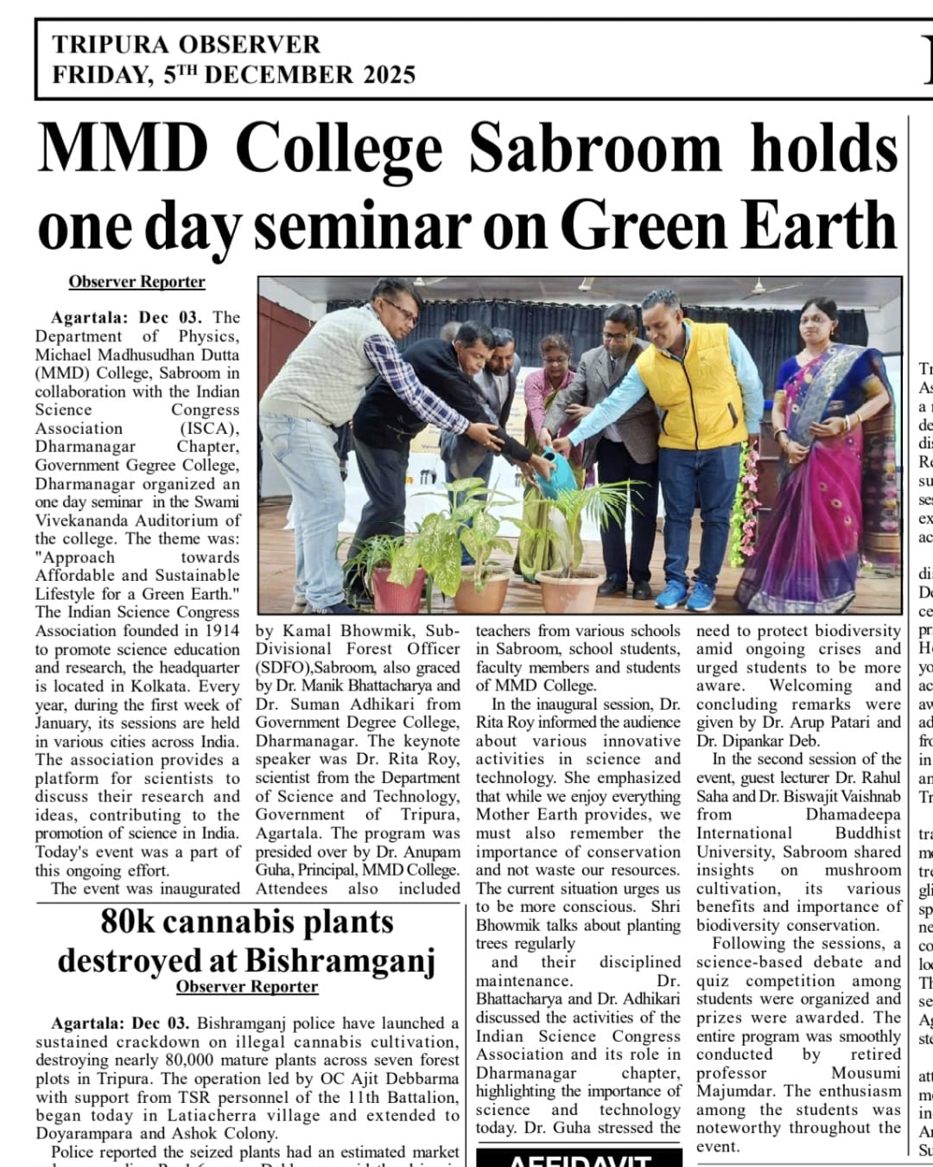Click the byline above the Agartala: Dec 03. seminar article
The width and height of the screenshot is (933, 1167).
coord(136,282)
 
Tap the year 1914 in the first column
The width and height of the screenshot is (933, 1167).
coord(221,630)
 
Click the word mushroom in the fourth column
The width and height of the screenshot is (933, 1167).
coord(863,870)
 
